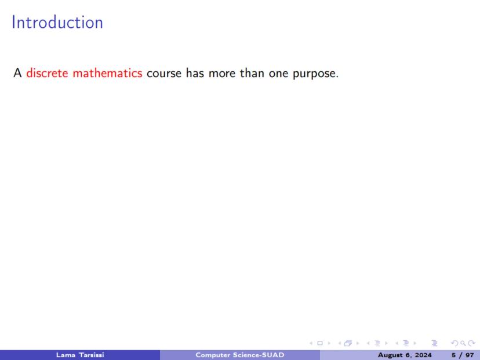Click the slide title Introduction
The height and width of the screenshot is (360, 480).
point(57,23)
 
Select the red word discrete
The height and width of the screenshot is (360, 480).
point(47,73)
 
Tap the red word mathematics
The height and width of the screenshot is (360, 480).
point(107,73)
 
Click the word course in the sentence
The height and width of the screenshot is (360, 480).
point(164,74)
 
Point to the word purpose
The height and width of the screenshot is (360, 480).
point(315,74)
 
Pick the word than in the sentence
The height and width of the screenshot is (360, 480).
point(252,73)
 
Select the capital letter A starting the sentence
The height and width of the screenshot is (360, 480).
point(17,73)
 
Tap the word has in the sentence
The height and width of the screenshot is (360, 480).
point(195,73)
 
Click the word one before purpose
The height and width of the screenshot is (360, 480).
point(279,74)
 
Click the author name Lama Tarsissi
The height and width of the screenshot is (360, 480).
point(80,355)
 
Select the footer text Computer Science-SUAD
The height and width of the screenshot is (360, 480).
point(240,355)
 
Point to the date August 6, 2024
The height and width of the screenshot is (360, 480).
point(405,355)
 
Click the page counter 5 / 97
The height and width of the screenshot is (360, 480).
point(463,355)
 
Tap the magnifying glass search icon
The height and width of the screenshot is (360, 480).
point(463,343)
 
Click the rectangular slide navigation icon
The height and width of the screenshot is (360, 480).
point(320,343)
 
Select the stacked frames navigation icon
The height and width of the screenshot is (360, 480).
point(348,343)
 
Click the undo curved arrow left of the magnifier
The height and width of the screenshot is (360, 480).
point(455,343)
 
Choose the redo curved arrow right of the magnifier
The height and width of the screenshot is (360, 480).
point(471,343)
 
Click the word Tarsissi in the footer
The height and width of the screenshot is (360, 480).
point(92,355)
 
